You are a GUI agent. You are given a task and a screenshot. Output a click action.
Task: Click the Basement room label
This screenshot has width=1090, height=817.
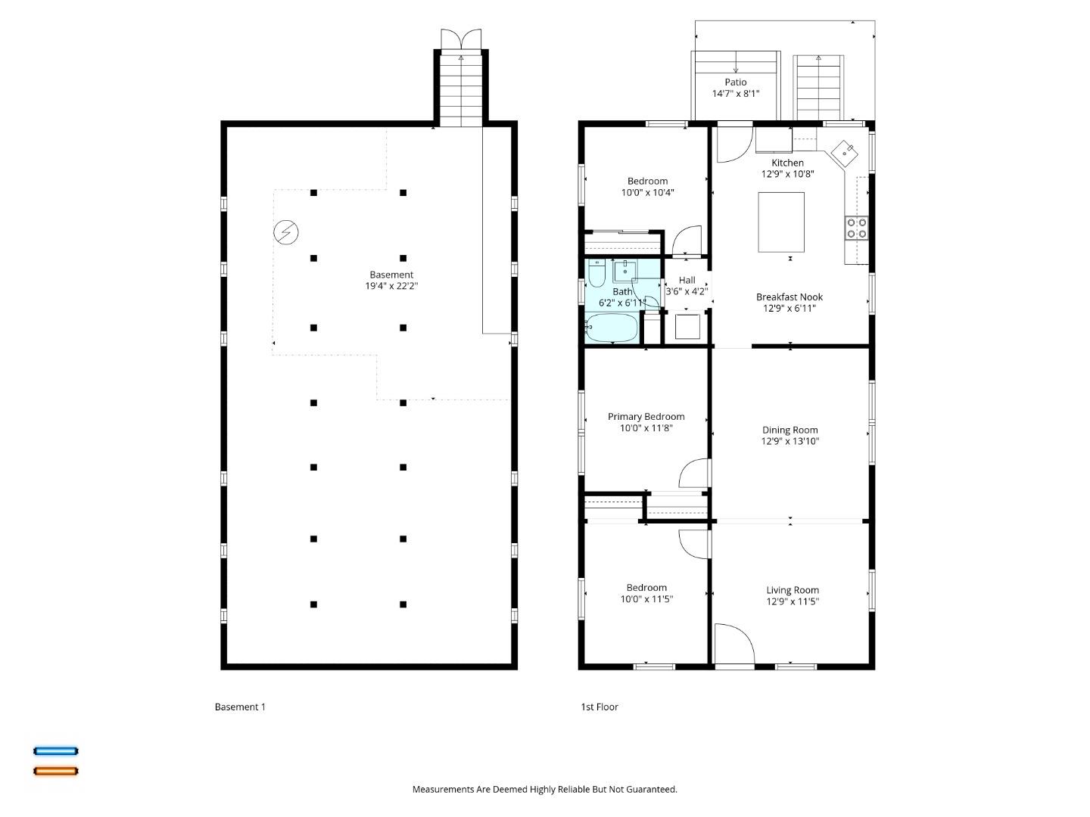(391, 275)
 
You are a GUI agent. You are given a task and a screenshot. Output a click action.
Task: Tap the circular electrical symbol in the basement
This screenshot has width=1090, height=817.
(286, 232)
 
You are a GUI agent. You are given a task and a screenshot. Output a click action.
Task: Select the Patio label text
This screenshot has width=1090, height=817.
(735, 82)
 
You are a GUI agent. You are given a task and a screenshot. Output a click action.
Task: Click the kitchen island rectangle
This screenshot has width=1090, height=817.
(781, 222)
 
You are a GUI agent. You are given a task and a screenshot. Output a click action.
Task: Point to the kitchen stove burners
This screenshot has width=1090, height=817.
(857, 228)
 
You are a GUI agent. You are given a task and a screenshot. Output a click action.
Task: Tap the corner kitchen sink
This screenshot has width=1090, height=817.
(845, 153)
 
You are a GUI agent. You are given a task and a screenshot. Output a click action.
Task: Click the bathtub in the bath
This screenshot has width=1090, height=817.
(612, 328)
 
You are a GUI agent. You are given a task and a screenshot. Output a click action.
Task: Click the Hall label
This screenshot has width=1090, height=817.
(687, 280)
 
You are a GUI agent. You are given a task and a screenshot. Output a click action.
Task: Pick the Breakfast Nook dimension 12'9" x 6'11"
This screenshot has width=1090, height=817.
(789, 309)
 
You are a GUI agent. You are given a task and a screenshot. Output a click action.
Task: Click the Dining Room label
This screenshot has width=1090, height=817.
(789, 430)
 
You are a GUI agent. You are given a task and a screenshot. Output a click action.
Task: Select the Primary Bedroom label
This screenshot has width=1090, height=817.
(646, 416)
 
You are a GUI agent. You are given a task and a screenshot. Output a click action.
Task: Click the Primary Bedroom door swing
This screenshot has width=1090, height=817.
(693, 474)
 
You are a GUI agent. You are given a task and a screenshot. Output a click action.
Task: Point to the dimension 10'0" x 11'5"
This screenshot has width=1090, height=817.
(646, 599)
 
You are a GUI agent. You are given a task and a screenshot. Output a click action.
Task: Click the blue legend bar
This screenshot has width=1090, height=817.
(55, 751)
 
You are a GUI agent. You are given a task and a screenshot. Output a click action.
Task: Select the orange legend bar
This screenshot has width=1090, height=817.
(55, 771)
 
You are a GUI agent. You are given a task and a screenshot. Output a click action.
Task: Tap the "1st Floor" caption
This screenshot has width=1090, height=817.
(599, 707)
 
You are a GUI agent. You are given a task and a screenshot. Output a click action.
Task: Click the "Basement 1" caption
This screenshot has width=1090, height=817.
(240, 707)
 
